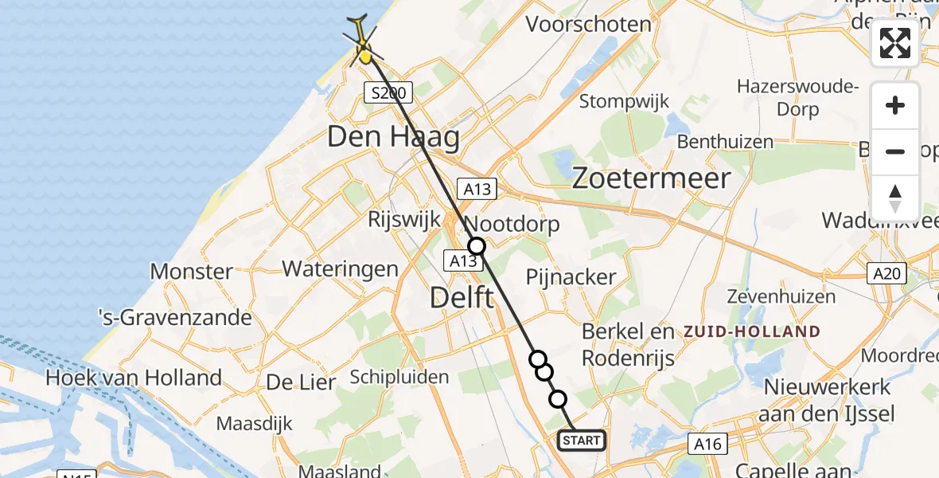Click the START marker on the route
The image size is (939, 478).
tap(582, 441)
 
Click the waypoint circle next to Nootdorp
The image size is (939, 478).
tap(476, 246)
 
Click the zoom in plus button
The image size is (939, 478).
tap(895, 106)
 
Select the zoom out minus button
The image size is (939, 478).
tap(895, 151)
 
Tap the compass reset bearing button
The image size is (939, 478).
tap(895, 198)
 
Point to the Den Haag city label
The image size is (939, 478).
tap(394, 138)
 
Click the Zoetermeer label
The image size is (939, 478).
tap(651, 178)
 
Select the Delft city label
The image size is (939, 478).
tap(462, 299)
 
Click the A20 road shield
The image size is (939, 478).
tap(886, 274)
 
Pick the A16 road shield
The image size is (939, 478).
tap(707, 444)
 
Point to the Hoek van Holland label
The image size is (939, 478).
tap(134, 377)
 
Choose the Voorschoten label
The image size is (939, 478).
tap(589, 24)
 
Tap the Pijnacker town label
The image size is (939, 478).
tap(571, 277)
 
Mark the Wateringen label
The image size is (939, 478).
tap(340, 268)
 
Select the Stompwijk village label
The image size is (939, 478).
tap(624, 101)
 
